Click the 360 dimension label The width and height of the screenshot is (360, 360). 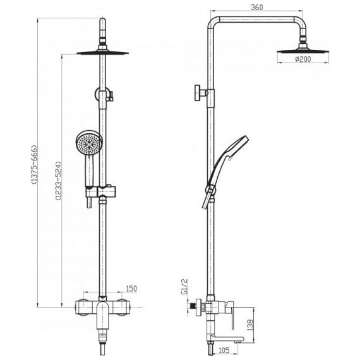tap(256, 8)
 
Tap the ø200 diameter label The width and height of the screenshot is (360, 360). tap(303, 59)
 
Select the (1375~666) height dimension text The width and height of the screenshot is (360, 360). tap(34, 165)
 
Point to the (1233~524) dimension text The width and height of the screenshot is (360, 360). tap(59, 181)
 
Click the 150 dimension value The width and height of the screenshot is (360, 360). tap(131, 289)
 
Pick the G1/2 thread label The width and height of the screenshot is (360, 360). tap(184, 286)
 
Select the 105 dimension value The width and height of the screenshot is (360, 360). tap(224, 350)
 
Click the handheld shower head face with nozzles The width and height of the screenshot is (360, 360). tap(88, 144)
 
